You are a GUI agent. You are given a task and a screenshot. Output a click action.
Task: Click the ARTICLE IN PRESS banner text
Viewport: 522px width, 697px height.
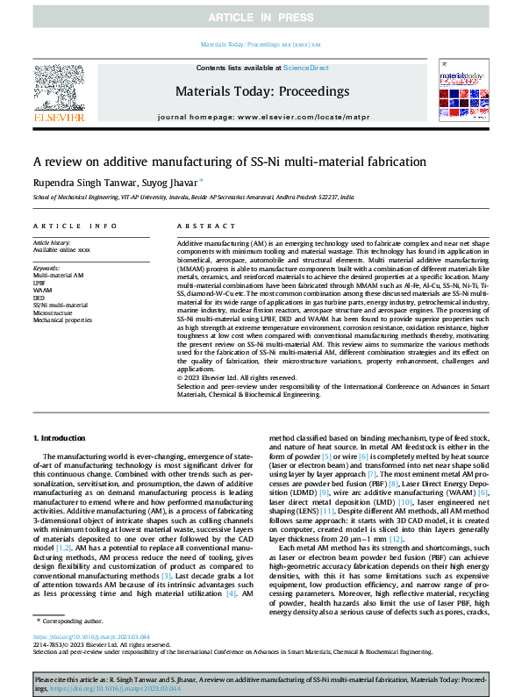(261, 18)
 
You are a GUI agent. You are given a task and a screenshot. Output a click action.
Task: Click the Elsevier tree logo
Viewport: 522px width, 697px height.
(59, 88)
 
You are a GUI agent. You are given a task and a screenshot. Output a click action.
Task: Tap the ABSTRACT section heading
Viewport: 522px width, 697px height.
(201, 226)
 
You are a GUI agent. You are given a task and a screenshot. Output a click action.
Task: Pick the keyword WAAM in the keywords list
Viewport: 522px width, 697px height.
(42, 290)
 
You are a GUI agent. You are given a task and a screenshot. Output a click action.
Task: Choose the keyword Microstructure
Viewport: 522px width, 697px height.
(54, 311)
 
